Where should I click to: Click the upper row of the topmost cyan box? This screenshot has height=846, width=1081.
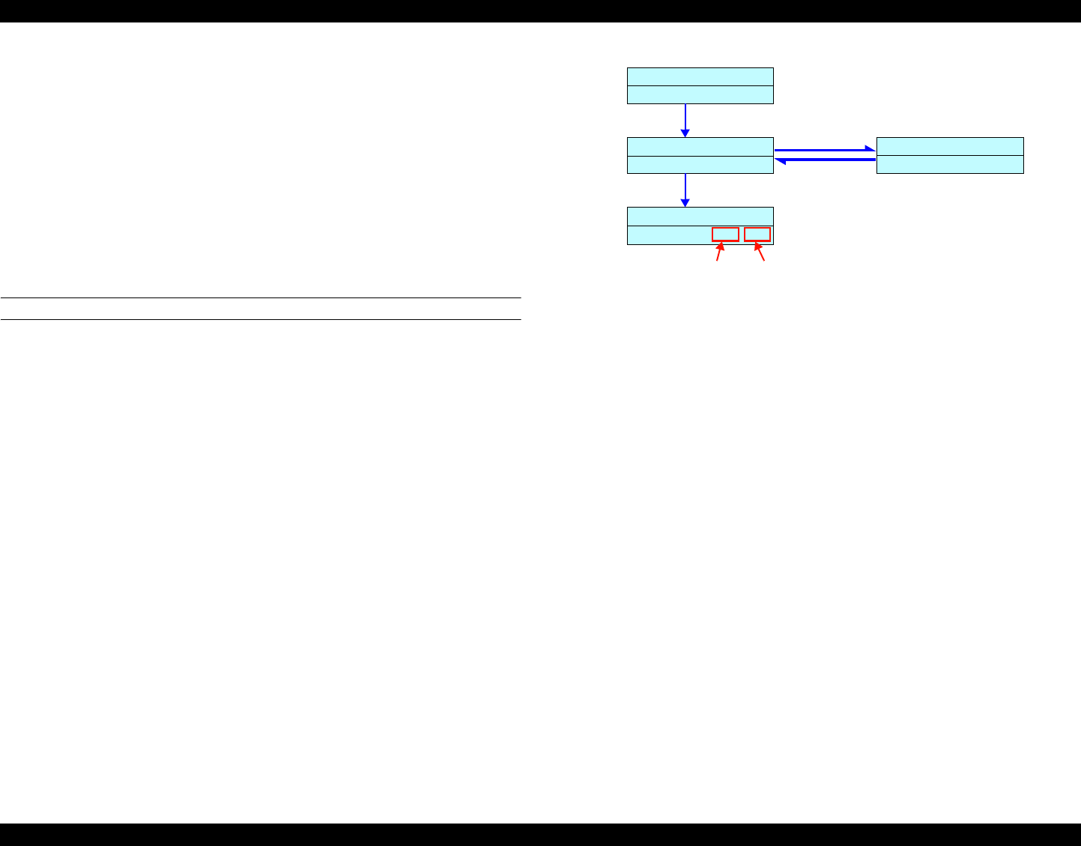click(x=700, y=76)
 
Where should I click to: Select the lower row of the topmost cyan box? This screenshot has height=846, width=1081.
click(x=700, y=94)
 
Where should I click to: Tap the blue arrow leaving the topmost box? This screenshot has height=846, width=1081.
click(x=685, y=120)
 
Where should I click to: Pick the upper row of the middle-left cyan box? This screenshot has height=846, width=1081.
click(x=700, y=146)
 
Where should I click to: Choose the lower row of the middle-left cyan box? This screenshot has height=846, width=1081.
click(x=700, y=165)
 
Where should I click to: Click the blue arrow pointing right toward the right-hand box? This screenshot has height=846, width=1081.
click(x=824, y=150)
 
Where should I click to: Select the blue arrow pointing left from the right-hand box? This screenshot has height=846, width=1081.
click(x=824, y=160)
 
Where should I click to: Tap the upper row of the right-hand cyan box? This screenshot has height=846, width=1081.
click(x=950, y=146)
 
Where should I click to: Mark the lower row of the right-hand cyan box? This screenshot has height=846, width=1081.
click(x=950, y=165)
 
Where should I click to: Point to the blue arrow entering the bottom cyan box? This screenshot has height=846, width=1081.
click(x=685, y=190)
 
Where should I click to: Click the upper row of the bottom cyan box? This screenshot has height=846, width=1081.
click(x=700, y=216)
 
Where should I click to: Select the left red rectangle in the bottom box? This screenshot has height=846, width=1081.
click(x=725, y=235)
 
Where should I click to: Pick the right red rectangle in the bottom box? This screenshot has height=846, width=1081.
click(x=757, y=235)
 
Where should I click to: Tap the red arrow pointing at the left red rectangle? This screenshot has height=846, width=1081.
click(x=720, y=252)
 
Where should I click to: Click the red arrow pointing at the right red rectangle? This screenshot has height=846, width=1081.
click(x=760, y=252)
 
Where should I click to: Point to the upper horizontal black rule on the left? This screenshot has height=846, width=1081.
click(x=260, y=298)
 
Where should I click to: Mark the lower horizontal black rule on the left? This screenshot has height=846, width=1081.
click(x=260, y=320)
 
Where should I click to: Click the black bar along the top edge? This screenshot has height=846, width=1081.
click(x=540, y=10)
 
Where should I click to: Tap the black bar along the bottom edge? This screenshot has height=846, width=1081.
click(x=540, y=835)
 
